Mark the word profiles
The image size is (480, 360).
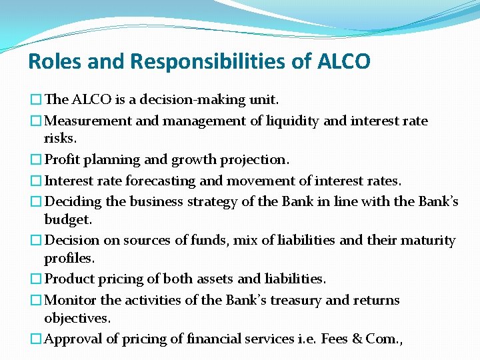(x=69, y=257)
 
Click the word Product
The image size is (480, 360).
(x=69, y=279)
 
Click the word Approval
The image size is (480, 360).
(x=72, y=339)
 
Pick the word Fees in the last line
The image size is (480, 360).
(x=334, y=339)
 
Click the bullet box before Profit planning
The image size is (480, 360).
(x=35, y=161)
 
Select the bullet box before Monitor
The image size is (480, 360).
(x=35, y=301)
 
